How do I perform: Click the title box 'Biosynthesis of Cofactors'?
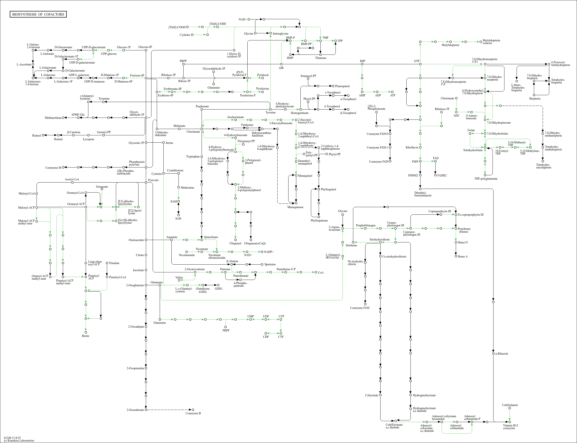[38, 14]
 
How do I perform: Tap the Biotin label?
[85, 336]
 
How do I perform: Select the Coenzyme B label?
[193, 413]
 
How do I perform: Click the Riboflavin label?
[412, 148]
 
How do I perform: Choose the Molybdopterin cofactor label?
[491, 42]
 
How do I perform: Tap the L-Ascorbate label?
[24, 64]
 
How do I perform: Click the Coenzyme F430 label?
[359, 308]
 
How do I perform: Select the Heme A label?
[463, 257]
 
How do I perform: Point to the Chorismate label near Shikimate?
[193, 132]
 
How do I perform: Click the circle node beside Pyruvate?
[146, 183]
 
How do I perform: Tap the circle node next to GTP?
[420, 64]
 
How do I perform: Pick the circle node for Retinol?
[43, 135]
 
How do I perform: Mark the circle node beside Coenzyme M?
[63, 167]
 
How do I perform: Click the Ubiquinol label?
[235, 243]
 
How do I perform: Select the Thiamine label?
[320, 58]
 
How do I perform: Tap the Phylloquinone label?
[319, 221]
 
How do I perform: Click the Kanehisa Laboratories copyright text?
[19, 440]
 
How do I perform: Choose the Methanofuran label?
[53, 118]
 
